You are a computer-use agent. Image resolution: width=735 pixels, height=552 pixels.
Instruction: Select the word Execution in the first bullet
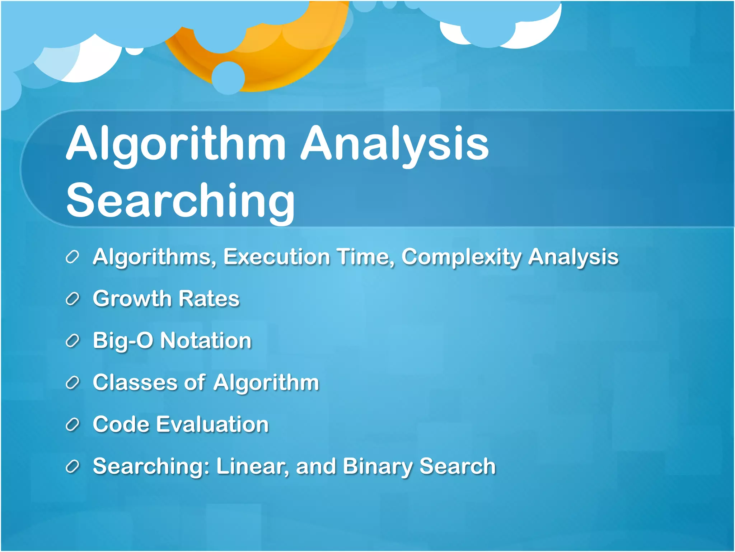(276, 257)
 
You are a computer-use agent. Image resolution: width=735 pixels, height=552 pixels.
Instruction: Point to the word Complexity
(461, 257)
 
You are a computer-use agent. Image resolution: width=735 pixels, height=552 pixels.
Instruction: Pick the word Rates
(209, 299)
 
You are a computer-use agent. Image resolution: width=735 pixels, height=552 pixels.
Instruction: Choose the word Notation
(206, 341)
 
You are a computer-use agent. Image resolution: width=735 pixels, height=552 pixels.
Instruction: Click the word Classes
(135, 382)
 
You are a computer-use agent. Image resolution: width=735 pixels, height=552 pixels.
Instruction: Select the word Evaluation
(212, 424)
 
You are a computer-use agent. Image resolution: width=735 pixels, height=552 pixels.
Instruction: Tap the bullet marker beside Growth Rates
(72, 299)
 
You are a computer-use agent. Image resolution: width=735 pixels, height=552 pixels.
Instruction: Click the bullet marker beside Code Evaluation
(72, 425)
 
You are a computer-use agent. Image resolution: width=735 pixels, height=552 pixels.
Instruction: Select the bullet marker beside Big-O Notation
(72, 341)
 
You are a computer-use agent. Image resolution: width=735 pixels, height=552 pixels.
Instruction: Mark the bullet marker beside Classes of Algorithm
(72, 383)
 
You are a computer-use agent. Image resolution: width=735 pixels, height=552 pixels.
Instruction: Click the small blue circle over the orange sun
(228, 78)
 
